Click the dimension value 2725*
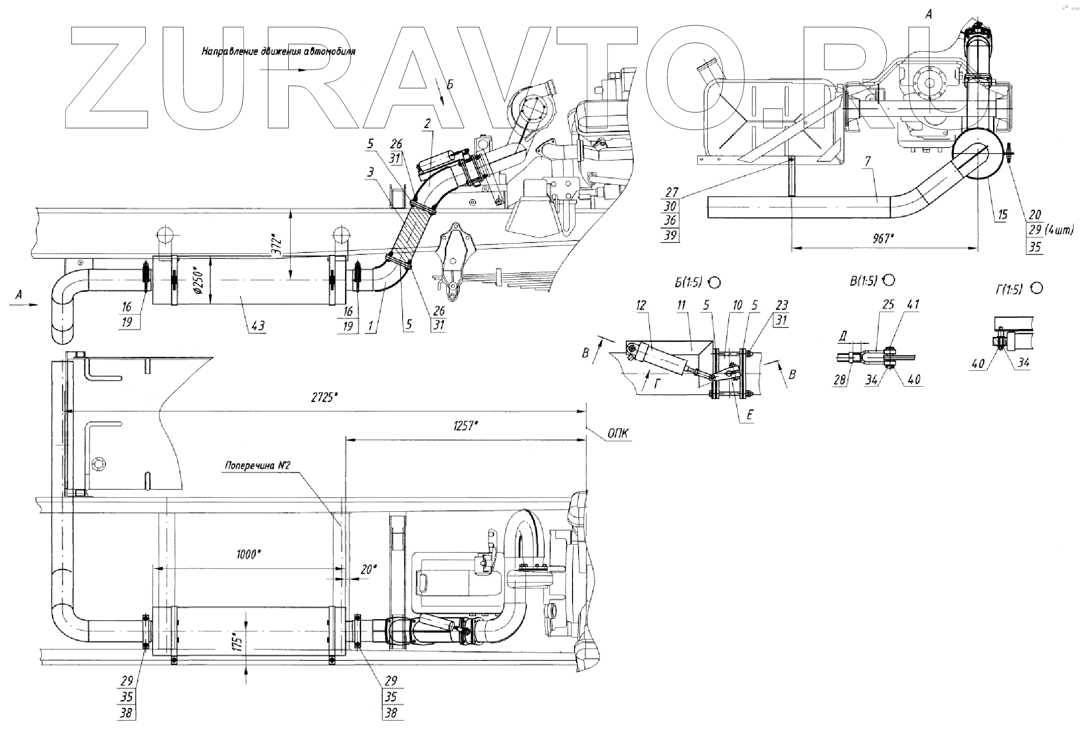pyautogui.click(x=323, y=398)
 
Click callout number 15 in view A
pyautogui.click(x=1002, y=215)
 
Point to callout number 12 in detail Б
pyautogui.click(x=641, y=305)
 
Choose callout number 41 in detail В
pyautogui.click(x=913, y=305)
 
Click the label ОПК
pyautogui.click(x=618, y=434)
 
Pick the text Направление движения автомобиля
pyautogui.click(x=279, y=51)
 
